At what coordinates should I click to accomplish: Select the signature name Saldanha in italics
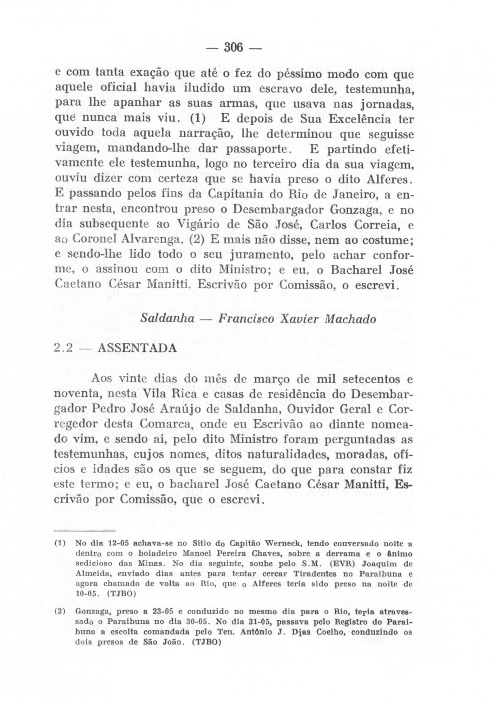pyautogui.click(x=167, y=318)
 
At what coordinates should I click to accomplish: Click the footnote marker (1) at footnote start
pyautogui.click(x=60, y=544)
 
